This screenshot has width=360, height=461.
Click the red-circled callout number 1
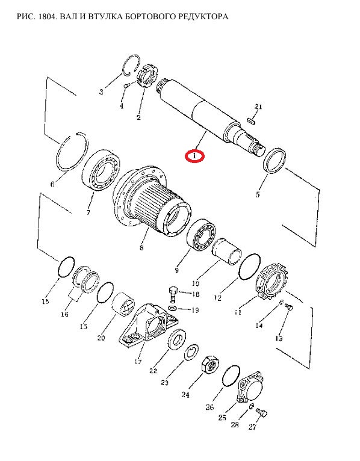[194, 156]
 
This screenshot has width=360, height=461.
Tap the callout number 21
[258, 107]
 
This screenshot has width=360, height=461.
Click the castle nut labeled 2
[148, 76]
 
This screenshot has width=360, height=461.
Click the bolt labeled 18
[173, 294]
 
